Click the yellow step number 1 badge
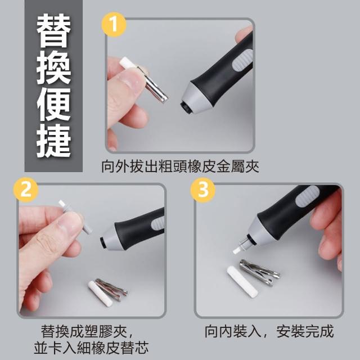114,24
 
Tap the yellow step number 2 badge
26,190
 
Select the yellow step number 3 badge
203,190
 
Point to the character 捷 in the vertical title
54,141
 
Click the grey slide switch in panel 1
242,61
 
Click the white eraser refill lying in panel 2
100,294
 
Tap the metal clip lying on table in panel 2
111,289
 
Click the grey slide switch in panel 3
307,196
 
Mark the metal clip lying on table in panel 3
259,272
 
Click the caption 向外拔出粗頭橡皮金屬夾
180,166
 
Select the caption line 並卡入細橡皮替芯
91,348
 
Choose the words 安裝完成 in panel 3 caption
305,331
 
